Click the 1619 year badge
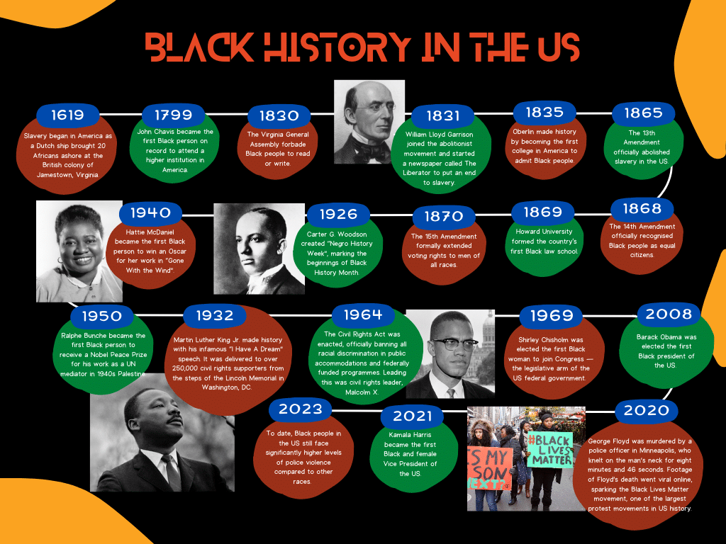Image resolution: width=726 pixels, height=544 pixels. pyautogui.click(x=67, y=115)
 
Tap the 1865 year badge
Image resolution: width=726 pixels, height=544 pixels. pyautogui.click(x=643, y=113)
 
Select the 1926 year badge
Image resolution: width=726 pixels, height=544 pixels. pyautogui.click(x=338, y=214)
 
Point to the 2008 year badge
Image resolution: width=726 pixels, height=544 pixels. pyautogui.click(x=669, y=314)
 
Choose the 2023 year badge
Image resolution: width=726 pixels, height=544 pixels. pyautogui.click(x=301, y=409)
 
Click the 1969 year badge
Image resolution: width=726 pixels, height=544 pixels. pyautogui.click(x=552, y=315)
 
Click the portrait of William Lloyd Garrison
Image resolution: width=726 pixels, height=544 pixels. pyautogui.click(x=369, y=122)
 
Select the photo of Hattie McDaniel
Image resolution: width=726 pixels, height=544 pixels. pyautogui.click(x=79, y=251)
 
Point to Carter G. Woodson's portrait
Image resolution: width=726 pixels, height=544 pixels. pyautogui.click(x=259, y=249)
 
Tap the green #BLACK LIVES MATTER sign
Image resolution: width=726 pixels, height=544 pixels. pyautogui.click(x=550, y=450)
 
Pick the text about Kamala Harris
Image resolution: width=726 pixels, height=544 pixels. pyautogui.click(x=411, y=454)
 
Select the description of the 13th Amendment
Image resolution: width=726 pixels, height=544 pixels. pyautogui.click(x=642, y=147)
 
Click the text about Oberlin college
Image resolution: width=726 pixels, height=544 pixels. pyautogui.click(x=544, y=146)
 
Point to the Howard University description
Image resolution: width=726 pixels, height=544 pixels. pyautogui.click(x=544, y=242)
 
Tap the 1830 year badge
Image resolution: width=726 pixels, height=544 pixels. pyautogui.click(x=279, y=115)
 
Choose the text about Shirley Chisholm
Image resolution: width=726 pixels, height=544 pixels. pyautogui.click(x=551, y=359)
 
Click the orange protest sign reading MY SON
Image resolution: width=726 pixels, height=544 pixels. pyautogui.click(x=489, y=468)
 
